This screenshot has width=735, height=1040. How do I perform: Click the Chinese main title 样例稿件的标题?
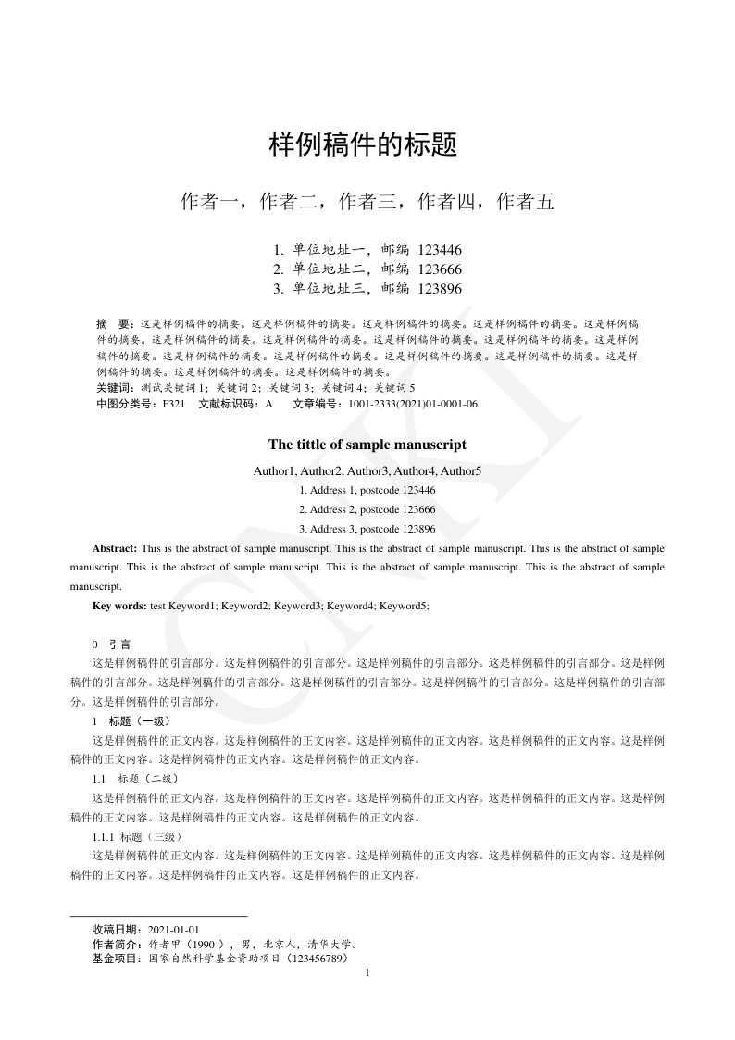(363, 145)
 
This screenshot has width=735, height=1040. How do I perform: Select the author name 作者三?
(367, 201)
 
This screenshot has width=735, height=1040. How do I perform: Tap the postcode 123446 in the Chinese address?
(440, 250)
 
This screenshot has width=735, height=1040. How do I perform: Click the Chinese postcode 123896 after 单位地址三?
(440, 289)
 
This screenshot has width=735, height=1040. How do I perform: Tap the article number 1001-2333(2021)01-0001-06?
(413, 404)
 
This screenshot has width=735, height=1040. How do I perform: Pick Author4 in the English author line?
(415, 471)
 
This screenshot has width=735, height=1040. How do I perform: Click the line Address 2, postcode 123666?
(367, 510)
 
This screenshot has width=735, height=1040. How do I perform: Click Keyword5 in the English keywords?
(404, 606)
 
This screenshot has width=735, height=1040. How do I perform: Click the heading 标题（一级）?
(140, 721)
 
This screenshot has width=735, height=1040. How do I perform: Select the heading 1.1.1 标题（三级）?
(134, 837)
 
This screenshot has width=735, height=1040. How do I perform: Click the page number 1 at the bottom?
(368, 973)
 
